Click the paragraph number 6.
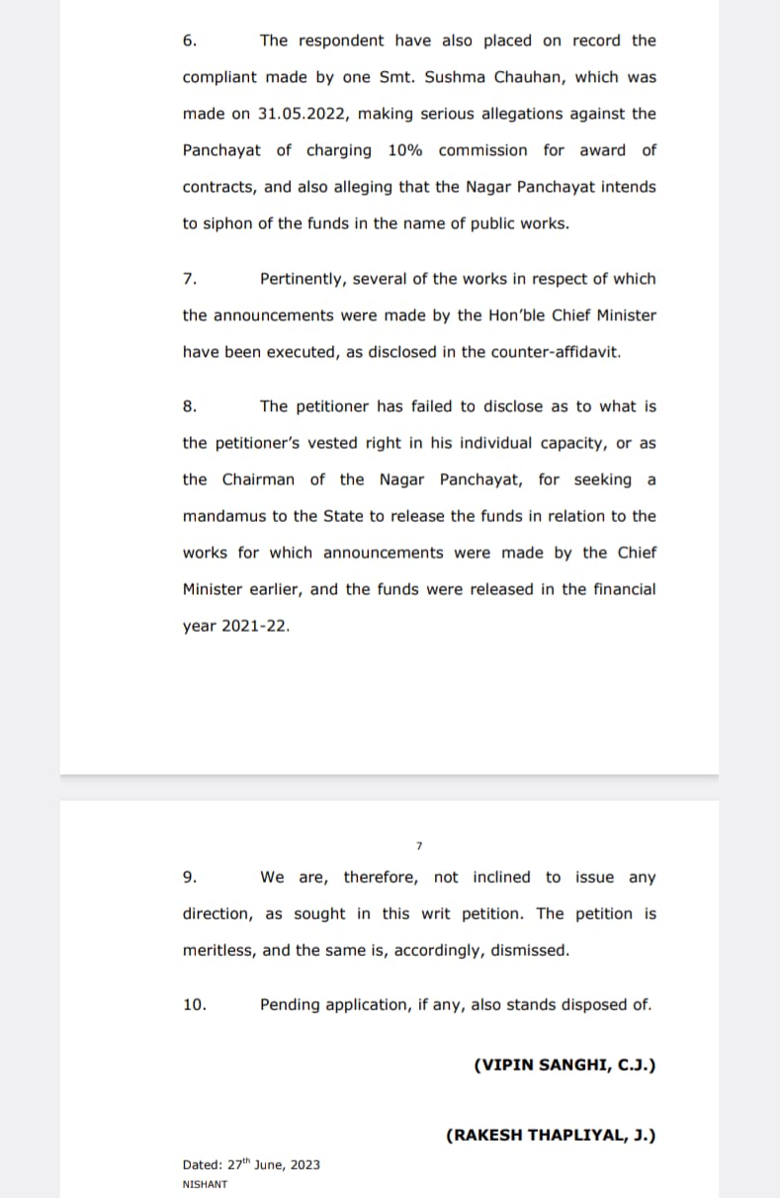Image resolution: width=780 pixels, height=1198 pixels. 189,42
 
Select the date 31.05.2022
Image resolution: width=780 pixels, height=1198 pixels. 303,114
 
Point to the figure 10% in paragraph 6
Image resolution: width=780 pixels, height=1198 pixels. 405,150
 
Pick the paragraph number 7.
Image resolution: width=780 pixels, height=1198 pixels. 189,280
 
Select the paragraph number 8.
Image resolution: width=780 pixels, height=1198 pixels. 189,407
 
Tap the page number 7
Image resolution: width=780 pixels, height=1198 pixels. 419,846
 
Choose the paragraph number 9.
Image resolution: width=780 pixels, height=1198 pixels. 189,878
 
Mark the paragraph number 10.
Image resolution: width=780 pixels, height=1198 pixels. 194,1005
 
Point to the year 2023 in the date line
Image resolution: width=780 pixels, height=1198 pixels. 304,1165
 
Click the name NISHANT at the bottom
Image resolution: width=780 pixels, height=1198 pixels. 205,1184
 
